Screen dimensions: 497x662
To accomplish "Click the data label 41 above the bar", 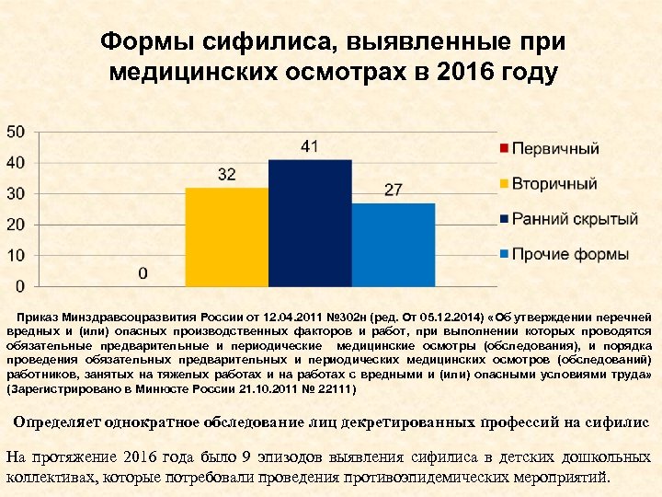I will click(310, 146).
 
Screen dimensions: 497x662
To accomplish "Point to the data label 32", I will click(227, 174).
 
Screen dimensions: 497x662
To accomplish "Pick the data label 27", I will click(394, 190).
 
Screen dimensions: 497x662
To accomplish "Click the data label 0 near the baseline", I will click(143, 273).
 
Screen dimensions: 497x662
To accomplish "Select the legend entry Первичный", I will click(554, 148).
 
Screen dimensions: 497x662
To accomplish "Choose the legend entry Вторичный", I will click(554, 183).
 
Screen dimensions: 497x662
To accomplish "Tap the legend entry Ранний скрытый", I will click(574, 219).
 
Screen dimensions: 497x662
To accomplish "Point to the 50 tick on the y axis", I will click(16, 132).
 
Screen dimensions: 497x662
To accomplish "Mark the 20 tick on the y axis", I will click(16, 225).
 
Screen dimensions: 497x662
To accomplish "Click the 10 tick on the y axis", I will click(16, 255).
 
